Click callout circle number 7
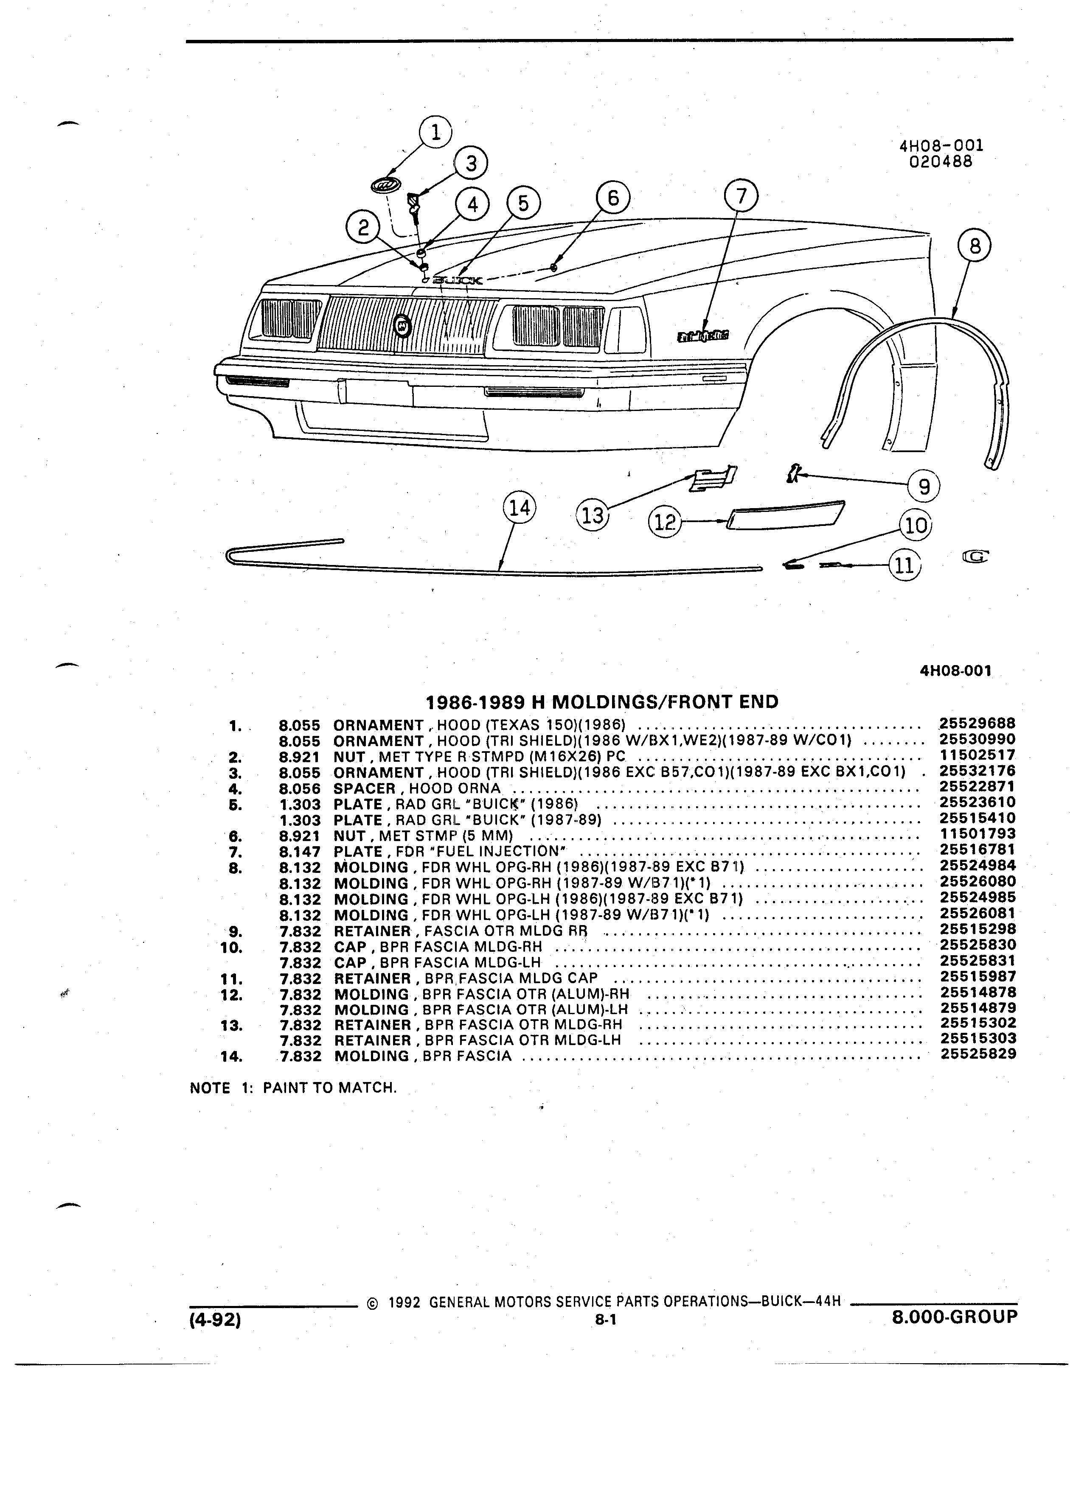[741, 196]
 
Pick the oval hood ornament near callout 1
[385, 185]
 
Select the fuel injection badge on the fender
[703, 337]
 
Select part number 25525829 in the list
[978, 1054]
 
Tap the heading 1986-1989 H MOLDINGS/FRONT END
[602, 702]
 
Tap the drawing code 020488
[941, 161]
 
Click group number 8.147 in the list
[300, 851]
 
